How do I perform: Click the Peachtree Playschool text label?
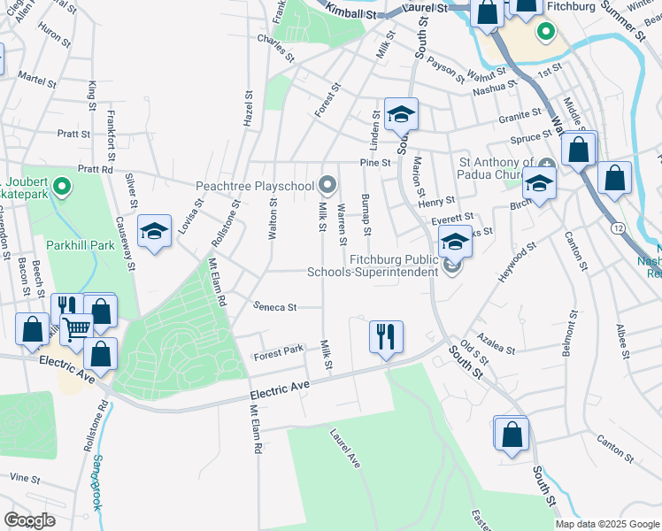tap(254, 186)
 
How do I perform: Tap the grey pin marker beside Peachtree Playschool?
tap(328, 185)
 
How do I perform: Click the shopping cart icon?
tap(77, 328)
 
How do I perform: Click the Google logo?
tap(29, 520)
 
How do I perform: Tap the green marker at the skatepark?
tap(61, 187)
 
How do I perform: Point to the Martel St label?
tap(37, 77)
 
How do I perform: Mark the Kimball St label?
tap(352, 12)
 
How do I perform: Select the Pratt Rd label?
tap(96, 168)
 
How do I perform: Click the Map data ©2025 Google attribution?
tap(606, 524)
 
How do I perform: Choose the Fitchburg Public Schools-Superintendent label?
tap(373, 265)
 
